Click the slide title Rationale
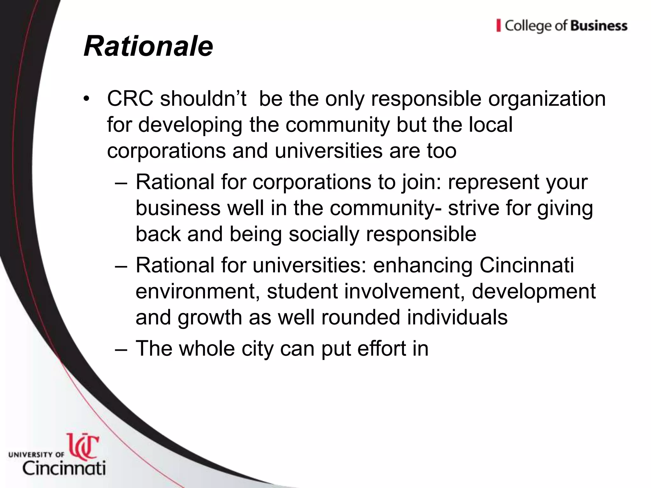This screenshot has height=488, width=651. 148,47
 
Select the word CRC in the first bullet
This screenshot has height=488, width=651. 130,99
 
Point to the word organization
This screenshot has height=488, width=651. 547,99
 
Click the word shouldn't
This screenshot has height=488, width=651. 203,99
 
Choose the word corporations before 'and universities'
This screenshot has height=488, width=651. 166,151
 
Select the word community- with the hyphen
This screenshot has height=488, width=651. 386,208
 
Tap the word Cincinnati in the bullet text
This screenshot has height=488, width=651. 526,265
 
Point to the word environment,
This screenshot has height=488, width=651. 197,292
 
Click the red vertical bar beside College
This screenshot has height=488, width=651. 498,25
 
